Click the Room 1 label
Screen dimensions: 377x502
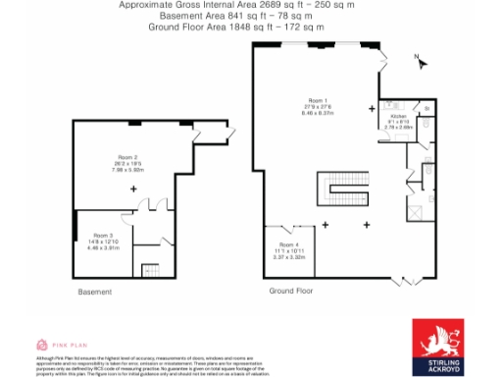(x=317, y=101)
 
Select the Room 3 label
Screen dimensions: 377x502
(x=103, y=236)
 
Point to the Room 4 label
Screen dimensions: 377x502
(x=286, y=243)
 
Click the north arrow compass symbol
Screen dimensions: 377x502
(x=422, y=62)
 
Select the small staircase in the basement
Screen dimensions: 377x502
(x=151, y=267)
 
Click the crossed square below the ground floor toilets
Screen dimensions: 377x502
(x=415, y=207)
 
